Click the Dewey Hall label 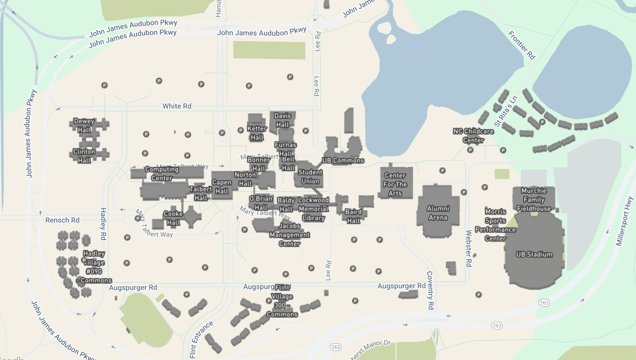pos(84,126)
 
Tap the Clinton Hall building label pos(84,156)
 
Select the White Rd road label pos(177,106)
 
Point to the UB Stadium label pos(534,254)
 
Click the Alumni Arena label pos(438,213)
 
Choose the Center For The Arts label pos(395,184)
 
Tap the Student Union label pos(310,177)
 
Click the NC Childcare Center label pos(473,136)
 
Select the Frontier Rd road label pos(521,45)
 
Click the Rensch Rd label pos(62,220)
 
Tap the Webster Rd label pos(469,248)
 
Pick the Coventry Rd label pos(430,290)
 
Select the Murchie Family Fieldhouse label pos(534,200)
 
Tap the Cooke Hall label pos(173,218)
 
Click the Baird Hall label pos(353,216)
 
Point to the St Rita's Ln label pos(506,111)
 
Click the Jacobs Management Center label pos(289,235)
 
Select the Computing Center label pos(162,174)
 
